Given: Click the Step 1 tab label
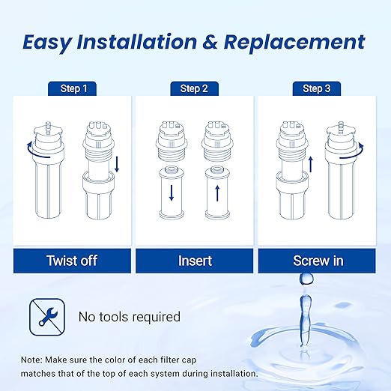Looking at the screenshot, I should click(73, 88).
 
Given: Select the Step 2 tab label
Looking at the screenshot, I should click(195, 88).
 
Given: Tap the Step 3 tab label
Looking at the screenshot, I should click(317, 88).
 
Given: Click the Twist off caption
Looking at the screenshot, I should click(72, 261).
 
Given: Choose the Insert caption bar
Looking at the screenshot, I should click(195, 261).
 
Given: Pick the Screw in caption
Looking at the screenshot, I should click(318, 261).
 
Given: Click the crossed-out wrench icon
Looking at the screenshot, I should click(43, 315).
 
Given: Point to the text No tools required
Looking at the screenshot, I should click(130, 317).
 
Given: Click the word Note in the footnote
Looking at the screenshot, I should click(34, 358).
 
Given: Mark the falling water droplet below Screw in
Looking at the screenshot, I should click(306, 280).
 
